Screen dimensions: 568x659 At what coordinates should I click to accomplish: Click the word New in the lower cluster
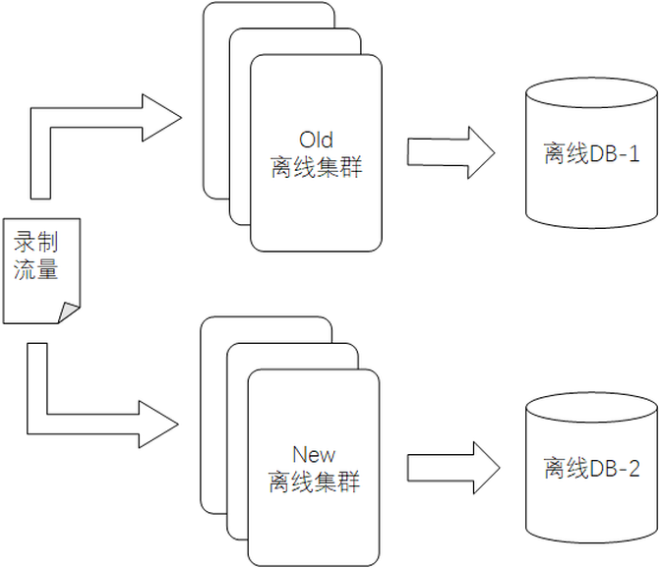[x=314, y=454]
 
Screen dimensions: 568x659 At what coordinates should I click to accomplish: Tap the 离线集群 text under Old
[x=316, y=167]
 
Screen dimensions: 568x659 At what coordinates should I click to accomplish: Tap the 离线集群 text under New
[x=314, y=483]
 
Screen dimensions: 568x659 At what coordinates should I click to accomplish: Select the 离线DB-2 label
[x=591, y=469]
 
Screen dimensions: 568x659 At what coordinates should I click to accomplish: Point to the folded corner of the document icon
[x=68, y=312]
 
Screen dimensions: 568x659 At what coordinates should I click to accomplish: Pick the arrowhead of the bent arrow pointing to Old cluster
[x=162, y=118]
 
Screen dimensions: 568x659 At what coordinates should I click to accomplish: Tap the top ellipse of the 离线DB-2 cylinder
[x=591, y=408]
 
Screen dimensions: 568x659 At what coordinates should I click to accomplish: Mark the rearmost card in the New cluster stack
[x=211, y=413]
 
